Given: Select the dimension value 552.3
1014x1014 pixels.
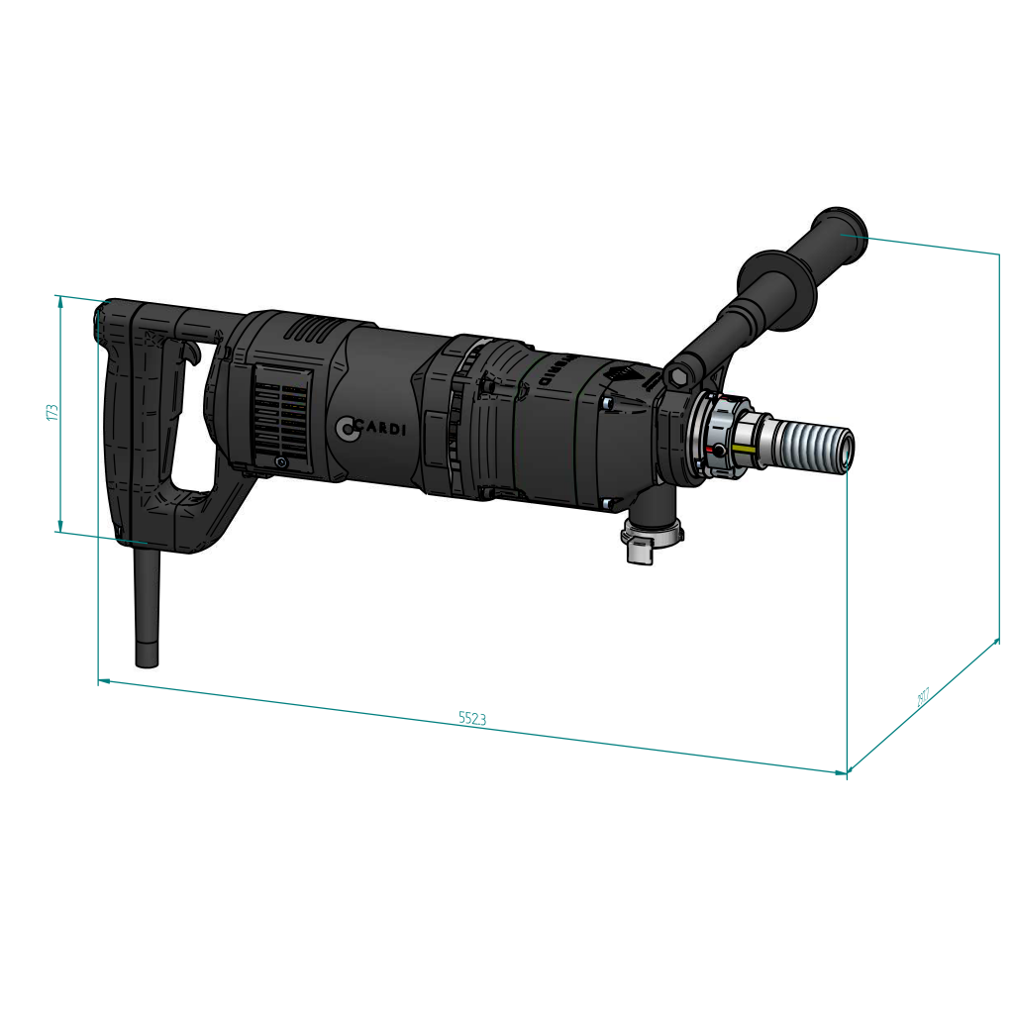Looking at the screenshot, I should tap(472, 719).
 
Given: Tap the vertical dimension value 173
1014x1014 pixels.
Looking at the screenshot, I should tap(52, 412).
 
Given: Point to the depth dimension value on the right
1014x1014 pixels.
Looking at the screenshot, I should tap(923, 699).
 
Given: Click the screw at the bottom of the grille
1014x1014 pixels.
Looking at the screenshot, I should tap(282, 462).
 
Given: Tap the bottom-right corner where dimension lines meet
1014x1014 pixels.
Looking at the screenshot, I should tap(847, 771).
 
